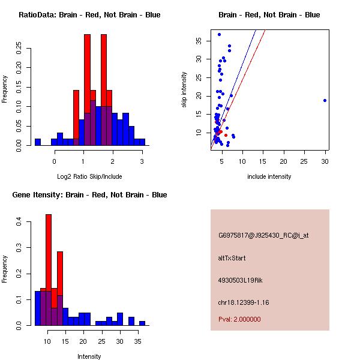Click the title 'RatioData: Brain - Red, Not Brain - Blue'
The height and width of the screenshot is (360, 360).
coord(89,15)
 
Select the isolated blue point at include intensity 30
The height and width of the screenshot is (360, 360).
coord(325,101)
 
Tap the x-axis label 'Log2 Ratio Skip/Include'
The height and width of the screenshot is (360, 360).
coord(89,176)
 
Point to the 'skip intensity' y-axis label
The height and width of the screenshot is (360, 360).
coord(184,90)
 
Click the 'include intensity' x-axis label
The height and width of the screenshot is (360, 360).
coord(269,176)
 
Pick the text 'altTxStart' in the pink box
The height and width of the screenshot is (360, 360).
coord(232,258)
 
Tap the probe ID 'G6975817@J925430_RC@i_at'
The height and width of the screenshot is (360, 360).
coord(263,236)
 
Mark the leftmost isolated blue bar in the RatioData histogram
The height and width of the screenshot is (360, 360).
coord(38,142)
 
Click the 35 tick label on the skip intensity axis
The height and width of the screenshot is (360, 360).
coord(199,41)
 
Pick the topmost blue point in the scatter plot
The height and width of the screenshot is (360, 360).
coord(219,34)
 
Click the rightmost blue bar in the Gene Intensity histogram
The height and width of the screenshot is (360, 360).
coord(142,323)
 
